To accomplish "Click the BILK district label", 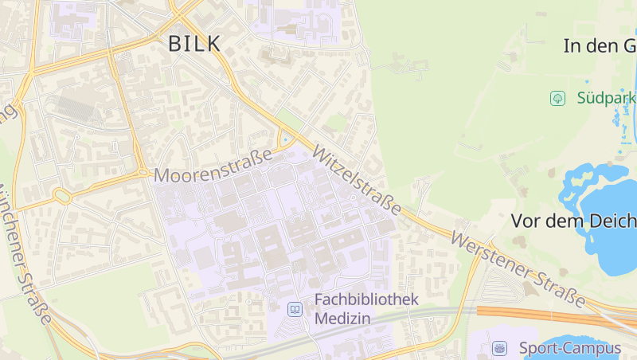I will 194,45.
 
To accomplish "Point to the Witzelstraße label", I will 357,180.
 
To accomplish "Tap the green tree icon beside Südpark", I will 558,98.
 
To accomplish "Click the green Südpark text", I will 607,98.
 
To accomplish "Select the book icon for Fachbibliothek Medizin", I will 295,309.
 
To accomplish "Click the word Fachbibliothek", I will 366,300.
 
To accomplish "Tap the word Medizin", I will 343,319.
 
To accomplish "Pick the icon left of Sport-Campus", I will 499,348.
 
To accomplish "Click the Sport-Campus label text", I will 569,348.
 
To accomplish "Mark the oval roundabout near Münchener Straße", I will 62,195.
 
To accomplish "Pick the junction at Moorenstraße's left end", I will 143,172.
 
